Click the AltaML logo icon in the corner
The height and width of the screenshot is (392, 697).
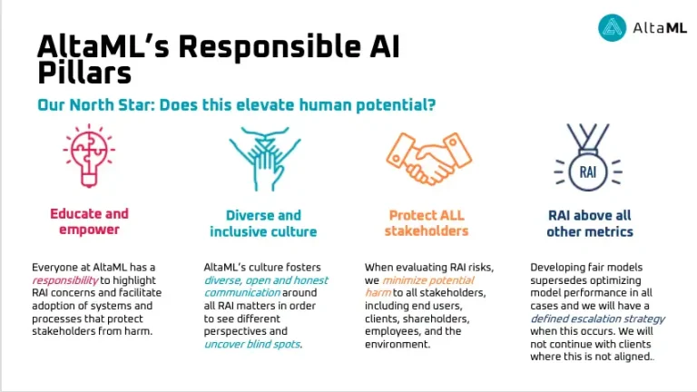[x=613, y=28]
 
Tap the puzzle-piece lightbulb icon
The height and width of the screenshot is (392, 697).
[x=88, y=153]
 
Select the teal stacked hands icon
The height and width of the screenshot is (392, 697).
[x=263, y=156]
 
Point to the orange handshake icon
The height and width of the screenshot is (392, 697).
[x=427, y=158]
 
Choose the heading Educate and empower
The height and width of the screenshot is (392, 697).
[x=89, y=222]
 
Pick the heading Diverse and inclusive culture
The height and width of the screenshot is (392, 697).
[x=263, y=223]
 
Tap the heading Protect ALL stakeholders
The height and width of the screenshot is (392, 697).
[x=427, y=223]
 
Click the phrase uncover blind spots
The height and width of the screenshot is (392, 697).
[x=252, y=345]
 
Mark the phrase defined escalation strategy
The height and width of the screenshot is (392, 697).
[x=598, y=319]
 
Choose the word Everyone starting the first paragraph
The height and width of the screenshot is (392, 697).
[x=57, y=268]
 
